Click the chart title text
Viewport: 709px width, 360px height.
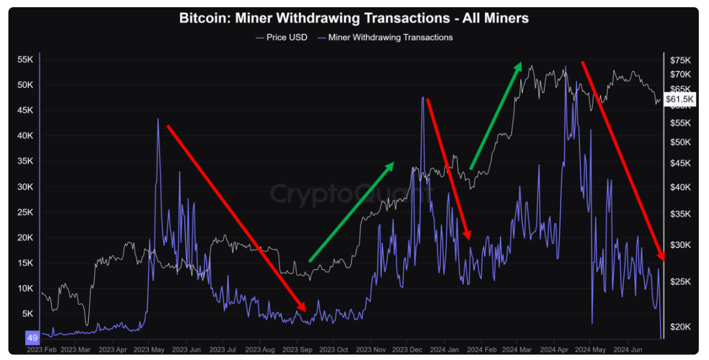click(x=354, y=18)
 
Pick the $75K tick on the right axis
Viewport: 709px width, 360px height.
click(x=680, y=61)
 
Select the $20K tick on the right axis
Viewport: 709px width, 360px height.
click(x=680, y=326)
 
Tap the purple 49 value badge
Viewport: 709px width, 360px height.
click(x=32, y=338)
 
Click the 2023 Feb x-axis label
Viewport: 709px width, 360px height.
click(x=41, y=349)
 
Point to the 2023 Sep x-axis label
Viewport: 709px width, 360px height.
click(x=297, y=349)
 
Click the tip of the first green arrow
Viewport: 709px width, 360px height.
click(x=393, y=163)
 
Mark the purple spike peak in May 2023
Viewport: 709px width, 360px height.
click(x=158, y=119)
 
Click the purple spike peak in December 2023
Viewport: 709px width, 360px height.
click(x=423, y=97)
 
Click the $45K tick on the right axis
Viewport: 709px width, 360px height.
click(x=680, y=163)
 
